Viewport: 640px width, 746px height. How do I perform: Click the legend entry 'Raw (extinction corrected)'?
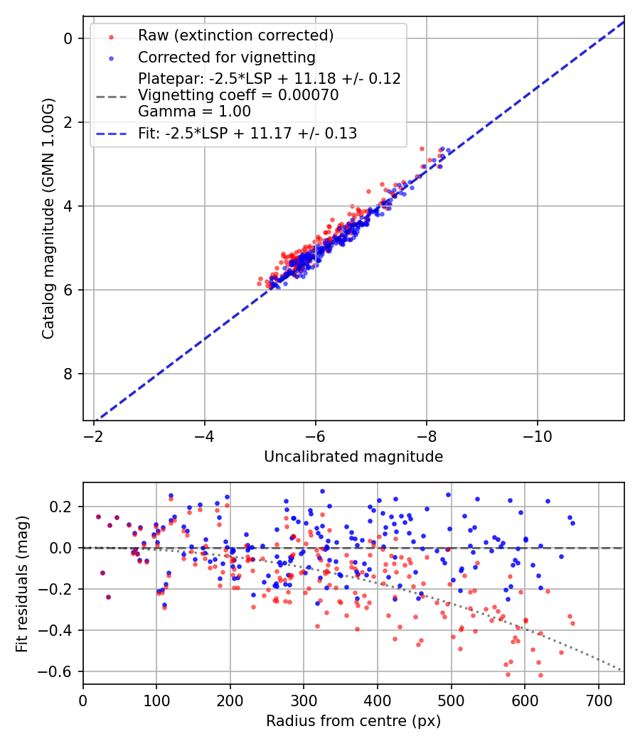235,36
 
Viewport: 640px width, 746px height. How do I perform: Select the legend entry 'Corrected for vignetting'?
227,57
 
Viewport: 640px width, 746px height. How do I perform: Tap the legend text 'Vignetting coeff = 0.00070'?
238,94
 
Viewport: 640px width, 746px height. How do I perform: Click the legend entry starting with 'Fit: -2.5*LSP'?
247,133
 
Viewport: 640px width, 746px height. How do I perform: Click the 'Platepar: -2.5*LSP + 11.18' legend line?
270,78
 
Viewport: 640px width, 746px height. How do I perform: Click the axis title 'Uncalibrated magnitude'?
353,457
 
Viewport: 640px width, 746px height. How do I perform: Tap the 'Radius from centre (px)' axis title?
353,721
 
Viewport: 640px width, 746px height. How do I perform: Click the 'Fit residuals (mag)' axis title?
22,583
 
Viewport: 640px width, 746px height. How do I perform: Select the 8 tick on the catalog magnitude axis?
69,374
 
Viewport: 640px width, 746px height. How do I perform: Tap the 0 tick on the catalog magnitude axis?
69,38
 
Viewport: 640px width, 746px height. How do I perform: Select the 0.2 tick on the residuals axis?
64,507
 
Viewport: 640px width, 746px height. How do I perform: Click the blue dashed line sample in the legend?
112,133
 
